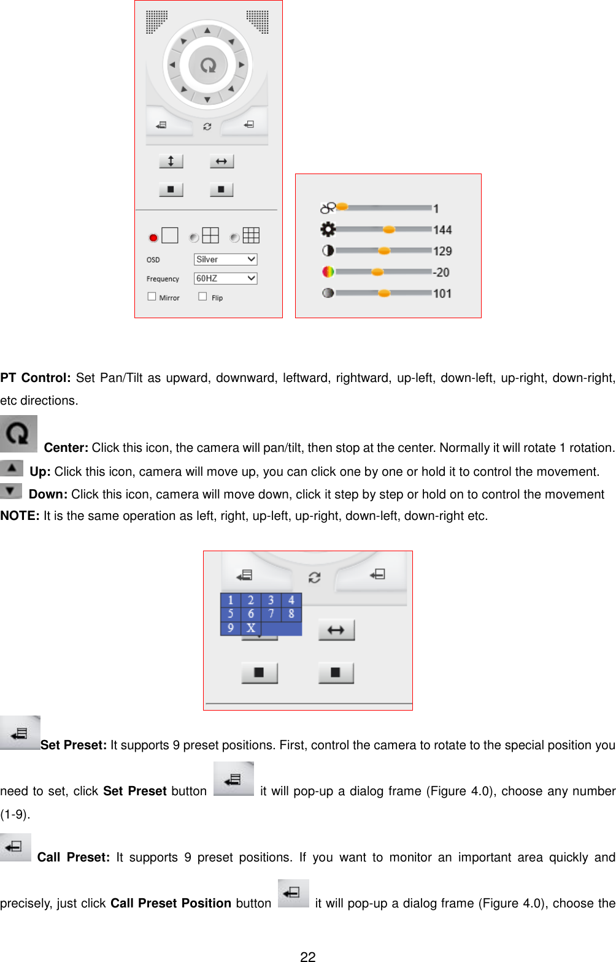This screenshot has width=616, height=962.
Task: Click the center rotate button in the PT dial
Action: [x=208, y=64]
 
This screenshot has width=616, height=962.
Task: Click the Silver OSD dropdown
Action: [x=225, y=259]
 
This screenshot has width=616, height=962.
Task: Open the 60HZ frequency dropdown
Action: [x=225, y=278]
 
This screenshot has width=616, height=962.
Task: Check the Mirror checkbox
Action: [x=152, y=296]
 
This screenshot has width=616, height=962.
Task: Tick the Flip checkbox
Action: [x=202, y=296]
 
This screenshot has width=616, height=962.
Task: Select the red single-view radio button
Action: [x=153, y=237]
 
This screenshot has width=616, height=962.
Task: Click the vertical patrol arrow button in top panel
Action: [x=171, y=161]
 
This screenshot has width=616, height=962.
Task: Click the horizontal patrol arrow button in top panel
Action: [x=221, y=161]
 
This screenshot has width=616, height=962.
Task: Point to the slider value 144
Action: [x=442, y=230]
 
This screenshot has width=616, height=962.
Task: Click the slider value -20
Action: [x=441, y=272]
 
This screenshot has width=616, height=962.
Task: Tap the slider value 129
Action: [x=442, y=251]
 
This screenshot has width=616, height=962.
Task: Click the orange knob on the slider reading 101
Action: [x=384, y=293]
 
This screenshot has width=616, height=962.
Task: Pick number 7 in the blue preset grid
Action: [x=271, y=614]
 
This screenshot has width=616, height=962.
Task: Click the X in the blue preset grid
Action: [x=250, y=628]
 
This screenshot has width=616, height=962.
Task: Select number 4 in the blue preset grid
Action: [x=291, y=600]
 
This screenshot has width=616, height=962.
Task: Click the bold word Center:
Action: [x=66, y=448]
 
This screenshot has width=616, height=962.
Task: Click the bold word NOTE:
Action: [x=20, y=516]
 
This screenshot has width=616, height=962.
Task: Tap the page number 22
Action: [x=308, y=957]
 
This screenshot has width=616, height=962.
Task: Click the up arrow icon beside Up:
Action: [x=12, y=468]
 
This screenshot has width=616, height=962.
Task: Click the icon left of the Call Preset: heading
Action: [x=15, y=847]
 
